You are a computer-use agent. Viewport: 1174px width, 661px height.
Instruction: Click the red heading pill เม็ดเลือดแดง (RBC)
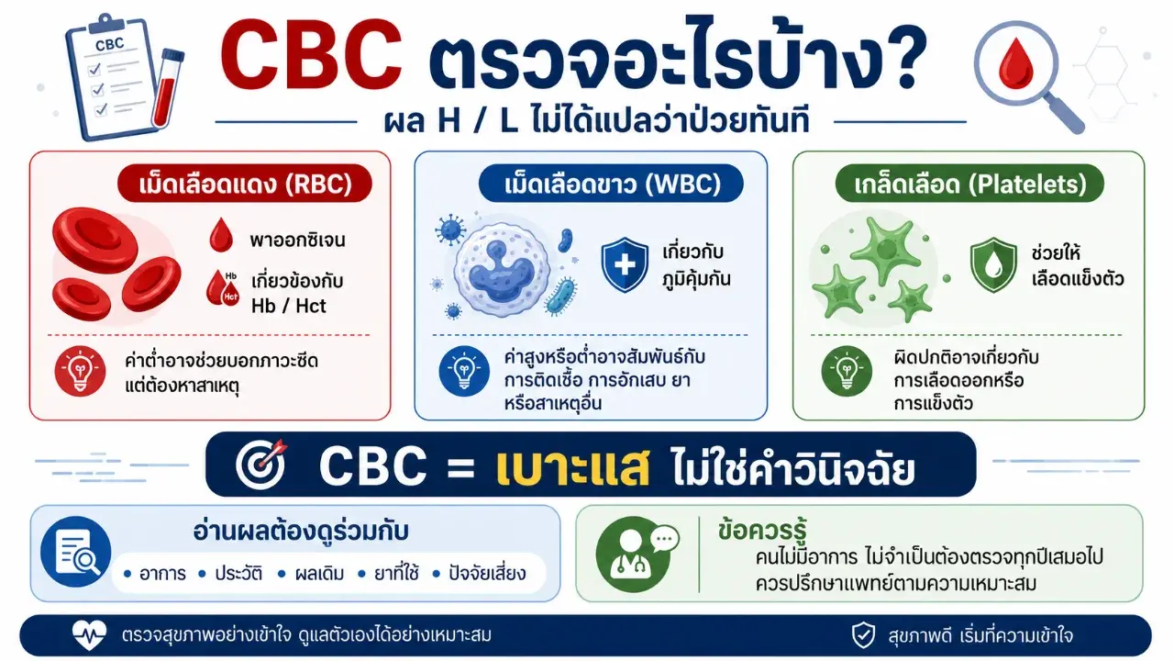click(245, 184)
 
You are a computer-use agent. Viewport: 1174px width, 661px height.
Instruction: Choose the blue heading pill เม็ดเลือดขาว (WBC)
click(611, 184)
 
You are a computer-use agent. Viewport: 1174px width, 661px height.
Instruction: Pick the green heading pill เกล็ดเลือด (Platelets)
click(969, 184)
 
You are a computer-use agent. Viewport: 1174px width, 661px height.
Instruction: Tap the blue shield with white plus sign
click(625, 264)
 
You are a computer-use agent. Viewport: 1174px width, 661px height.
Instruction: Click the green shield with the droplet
click(993, 264)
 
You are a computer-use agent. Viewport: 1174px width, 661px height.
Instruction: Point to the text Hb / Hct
click(288, 306)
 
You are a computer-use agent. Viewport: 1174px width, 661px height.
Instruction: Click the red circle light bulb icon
click(80, 371)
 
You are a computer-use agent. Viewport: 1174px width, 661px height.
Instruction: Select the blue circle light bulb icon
click(464, 371)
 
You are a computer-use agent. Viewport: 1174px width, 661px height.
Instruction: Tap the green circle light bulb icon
click(847, 371)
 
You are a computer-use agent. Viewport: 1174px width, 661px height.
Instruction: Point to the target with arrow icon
click(261, 464)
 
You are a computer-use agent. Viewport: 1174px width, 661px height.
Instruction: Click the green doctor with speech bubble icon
click(636, 554)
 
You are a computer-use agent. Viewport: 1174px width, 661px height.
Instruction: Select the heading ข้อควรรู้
click(762, 531)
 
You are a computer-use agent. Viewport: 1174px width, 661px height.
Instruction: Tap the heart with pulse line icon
click(89, 634)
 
